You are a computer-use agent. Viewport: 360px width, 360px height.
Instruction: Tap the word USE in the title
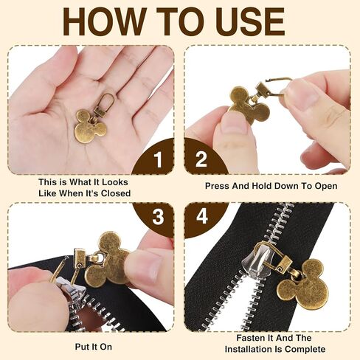point(251,21)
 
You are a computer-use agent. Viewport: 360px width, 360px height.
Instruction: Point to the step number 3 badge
point(155,217)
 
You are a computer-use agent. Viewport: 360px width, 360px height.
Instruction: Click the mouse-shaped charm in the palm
point(90,126)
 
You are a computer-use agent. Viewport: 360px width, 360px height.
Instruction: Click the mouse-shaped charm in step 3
point(108,260)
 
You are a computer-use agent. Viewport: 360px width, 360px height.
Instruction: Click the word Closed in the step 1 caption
point(116,193)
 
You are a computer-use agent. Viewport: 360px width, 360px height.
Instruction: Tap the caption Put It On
point(94,347)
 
